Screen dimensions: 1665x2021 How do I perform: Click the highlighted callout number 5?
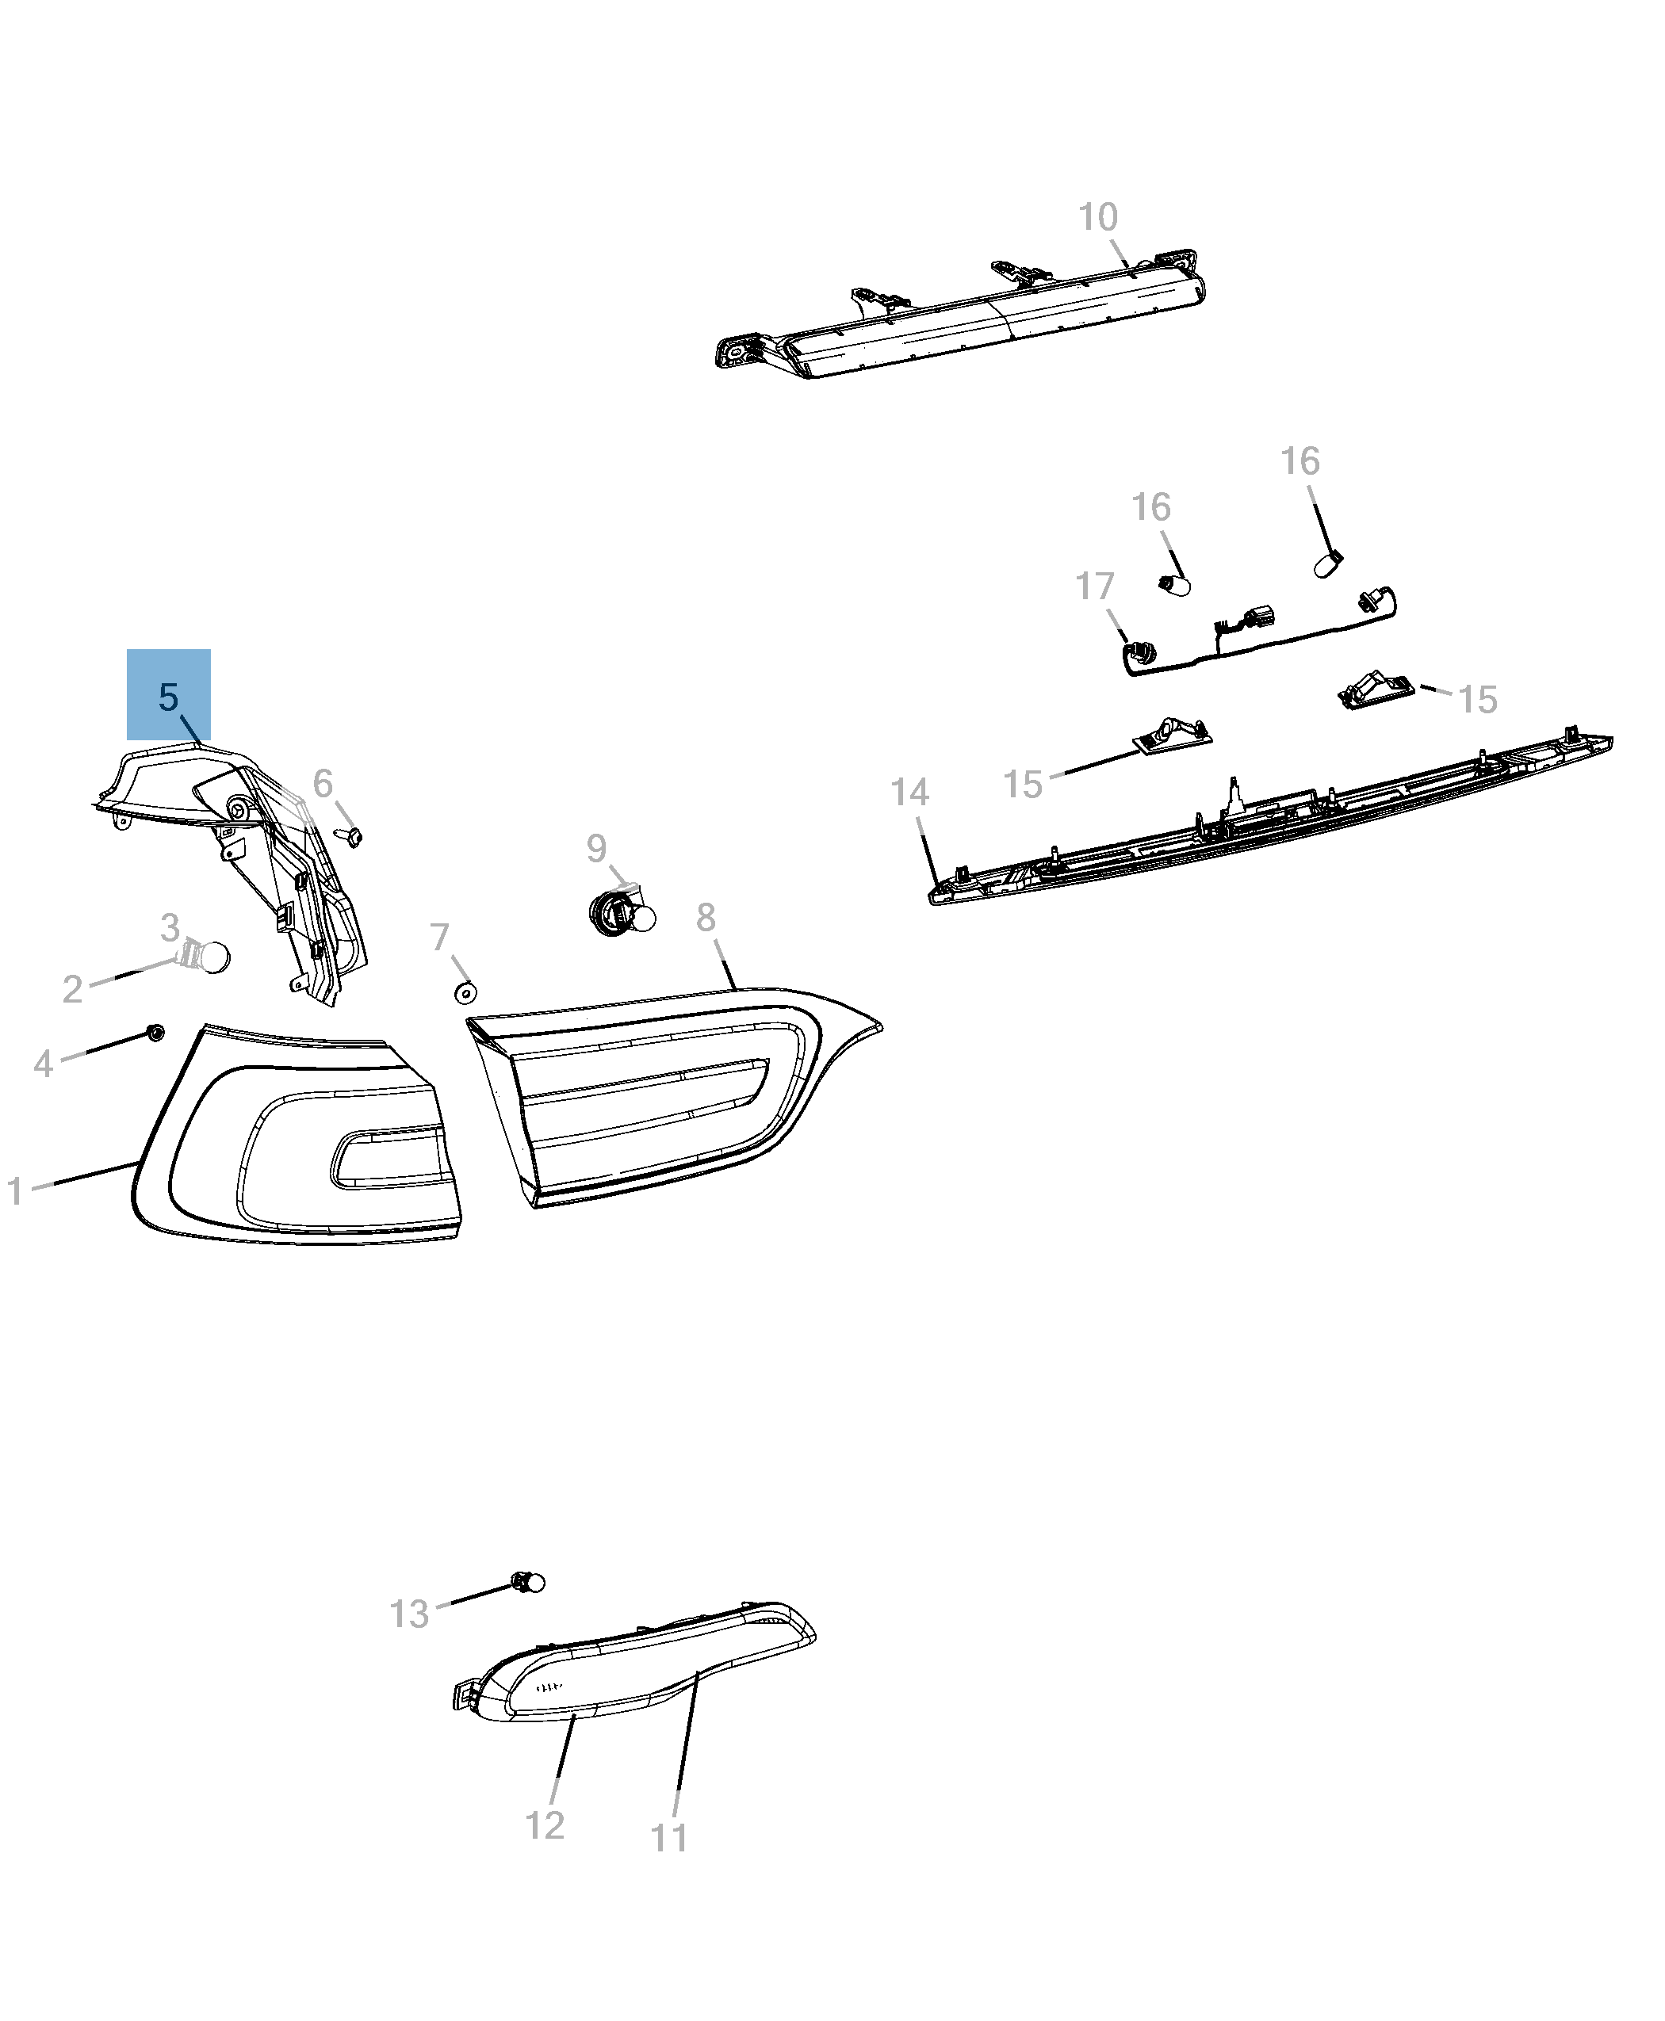point(168,697)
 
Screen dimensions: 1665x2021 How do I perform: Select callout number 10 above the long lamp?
point(1098,218)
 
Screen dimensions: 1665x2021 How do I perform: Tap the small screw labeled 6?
point(353,836)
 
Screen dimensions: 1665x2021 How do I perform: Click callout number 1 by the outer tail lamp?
point(14,1192)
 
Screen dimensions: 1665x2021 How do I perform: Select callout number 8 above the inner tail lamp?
point(706,918)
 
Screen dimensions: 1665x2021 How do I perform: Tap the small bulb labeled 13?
point(527,1582)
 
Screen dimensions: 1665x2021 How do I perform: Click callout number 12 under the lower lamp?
point(545,1825)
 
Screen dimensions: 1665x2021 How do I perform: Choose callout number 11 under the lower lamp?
point(669,1838)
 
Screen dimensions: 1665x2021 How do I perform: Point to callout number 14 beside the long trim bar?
point(909,793)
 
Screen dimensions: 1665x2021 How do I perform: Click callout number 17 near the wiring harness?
point(1094,586)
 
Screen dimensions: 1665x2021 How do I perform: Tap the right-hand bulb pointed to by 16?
point(1328,564)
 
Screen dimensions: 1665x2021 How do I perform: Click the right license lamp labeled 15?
point(1376,690)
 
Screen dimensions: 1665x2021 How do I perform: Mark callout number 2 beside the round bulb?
point(72,988)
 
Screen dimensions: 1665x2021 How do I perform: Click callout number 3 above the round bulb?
point(170,927)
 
